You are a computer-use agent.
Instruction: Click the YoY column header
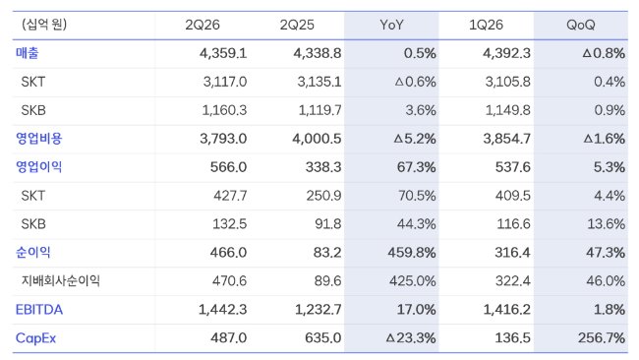click(391, 25)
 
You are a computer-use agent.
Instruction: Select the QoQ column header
click(580, 25)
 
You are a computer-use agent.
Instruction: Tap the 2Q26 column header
click(203, 25)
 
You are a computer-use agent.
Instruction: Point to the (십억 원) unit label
click(44, 25)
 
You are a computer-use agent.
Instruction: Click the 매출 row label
click(28, 53)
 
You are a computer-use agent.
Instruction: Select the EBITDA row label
click(39, 310)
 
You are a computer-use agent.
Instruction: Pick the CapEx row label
click(35, 338)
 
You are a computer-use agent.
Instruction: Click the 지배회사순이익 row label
click(61, 281)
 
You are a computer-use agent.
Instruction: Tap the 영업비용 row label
click(39, 139)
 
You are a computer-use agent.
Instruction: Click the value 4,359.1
click(223, 53)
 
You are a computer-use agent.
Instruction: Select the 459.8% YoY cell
click(412, 253)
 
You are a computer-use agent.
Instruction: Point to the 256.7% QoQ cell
click(601, 338)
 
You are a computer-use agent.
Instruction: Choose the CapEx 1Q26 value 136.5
click(512, 338)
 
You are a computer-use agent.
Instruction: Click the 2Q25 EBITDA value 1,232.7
click(319, 310)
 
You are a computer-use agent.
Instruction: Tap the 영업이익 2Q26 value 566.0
click(228, 167)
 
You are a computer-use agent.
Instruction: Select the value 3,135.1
click(319, 82)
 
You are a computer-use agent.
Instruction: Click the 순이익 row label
click(33, 253)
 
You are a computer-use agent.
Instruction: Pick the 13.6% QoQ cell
click(606, 224)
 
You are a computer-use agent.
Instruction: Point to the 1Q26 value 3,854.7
click(507, 139)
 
